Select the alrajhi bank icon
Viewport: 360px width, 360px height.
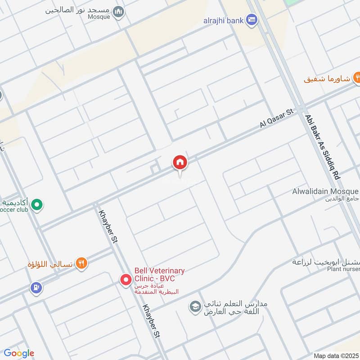coord(252,19)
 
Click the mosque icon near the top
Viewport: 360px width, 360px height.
coord(118,11)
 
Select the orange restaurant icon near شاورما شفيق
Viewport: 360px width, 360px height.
coord(357,77)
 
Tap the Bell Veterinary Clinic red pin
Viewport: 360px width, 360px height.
coord(126,280)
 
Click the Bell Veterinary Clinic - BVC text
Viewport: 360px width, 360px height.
coord(159,274)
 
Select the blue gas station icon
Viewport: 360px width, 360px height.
coord(36,286)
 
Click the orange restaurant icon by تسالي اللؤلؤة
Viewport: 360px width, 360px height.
coord(81,263)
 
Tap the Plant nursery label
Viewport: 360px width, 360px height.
coord(343,269)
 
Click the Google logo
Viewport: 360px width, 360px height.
coord(19,353)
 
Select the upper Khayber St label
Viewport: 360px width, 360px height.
coord(108,226)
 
